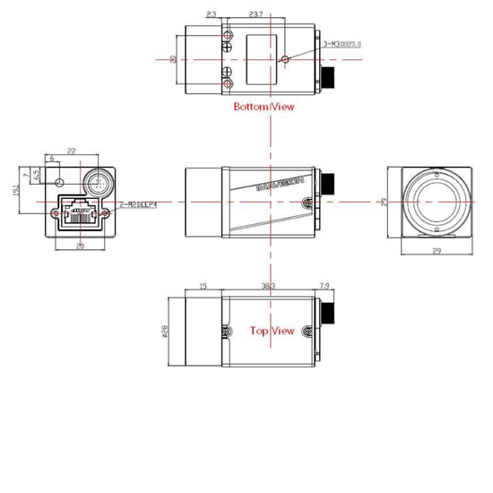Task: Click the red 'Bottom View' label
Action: click(264, 107)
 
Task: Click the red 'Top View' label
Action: click(272, 330)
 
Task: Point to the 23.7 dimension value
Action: click(256, 14)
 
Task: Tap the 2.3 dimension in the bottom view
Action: click(211, 14)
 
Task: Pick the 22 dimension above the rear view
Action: click(70, 151)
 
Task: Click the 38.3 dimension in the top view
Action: click(267, 286)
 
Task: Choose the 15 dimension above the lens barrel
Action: click(202, 286)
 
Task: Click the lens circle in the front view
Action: click(436, 202)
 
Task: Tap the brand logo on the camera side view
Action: click(280, 185)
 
